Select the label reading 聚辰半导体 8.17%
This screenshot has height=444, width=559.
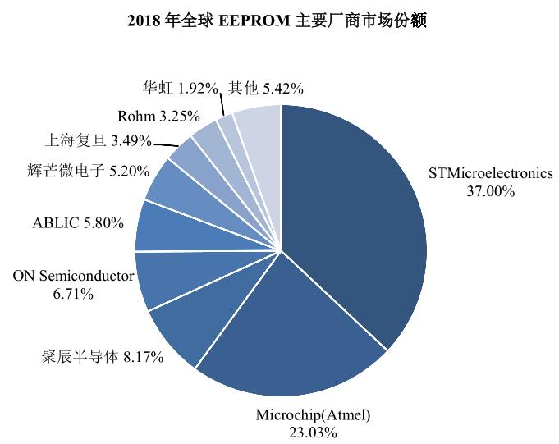tap(102, 357)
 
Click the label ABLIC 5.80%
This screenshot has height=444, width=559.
tap(78, 222)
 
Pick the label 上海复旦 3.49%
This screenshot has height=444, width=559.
tap(86, 141)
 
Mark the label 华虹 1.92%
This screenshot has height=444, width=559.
tap(180, 87)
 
